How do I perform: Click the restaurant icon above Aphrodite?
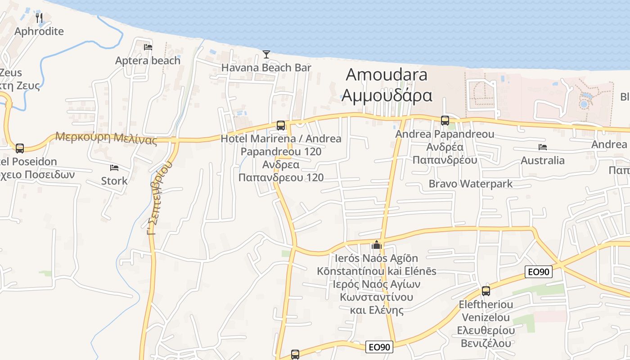[x=39, y=18]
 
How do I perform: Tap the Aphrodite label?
[x=39, y=31]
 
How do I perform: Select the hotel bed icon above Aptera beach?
[x=148, y=47]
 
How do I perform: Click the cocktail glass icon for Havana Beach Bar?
[x=266, y=54]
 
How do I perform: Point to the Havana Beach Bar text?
[x=266, y=68]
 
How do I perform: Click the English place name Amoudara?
[x=387, y=75]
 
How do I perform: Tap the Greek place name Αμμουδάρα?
[x=387, y=95]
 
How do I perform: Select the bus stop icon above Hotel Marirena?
[x=281, y=125]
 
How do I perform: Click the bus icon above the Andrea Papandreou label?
[x=445, y=120]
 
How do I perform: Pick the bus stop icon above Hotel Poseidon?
[x=20, y=148]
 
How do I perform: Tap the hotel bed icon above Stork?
[x=114, y=168]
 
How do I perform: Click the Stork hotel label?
[x=114, y=181]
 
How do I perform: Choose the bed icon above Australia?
[x=543, y=147]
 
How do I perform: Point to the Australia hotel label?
[x=543, y=161]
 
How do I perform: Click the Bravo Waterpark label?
[x=471, y=184]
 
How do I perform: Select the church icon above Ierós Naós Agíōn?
[x=376, y=245]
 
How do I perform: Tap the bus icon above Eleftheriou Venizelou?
[x=486, y=291]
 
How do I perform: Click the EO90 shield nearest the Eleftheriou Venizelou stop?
[x=539, y=272]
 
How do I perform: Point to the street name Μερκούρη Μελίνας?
[x=106, y=138]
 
